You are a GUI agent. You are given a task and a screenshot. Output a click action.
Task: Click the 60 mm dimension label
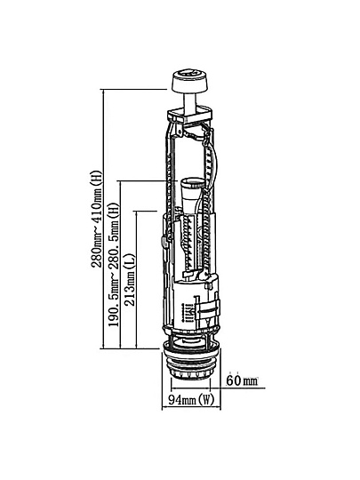242,380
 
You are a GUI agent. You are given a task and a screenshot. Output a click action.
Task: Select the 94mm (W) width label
191,399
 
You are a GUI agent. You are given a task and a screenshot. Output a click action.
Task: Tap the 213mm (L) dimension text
130,279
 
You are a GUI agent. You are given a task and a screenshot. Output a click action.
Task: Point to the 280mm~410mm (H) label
97,219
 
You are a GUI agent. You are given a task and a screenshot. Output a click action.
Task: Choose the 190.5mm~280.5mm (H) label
114,265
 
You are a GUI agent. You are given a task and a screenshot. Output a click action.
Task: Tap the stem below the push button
191,103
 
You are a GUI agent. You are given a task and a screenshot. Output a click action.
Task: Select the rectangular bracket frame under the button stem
189,114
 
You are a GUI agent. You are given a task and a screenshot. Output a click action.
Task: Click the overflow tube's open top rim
192,183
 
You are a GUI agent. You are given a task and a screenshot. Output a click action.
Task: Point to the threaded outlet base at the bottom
191,364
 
